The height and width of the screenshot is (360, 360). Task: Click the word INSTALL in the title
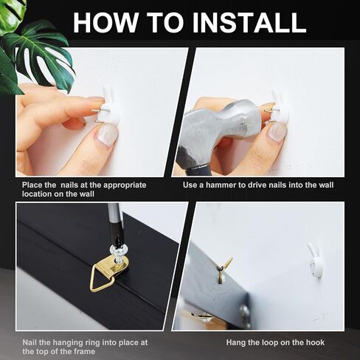click(x=249, y=22)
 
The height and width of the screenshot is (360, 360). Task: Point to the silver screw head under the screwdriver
click(x=119, y=249)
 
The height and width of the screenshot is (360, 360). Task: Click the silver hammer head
click(x=226, y=127)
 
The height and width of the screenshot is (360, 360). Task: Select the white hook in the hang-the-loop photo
click(x=316, y=263)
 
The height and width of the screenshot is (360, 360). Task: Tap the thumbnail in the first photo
click(x=107, y=134)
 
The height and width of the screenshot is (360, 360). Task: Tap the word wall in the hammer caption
click(x=326, y=185)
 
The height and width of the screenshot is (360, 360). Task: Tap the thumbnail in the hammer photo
click(x=277, y=132)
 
